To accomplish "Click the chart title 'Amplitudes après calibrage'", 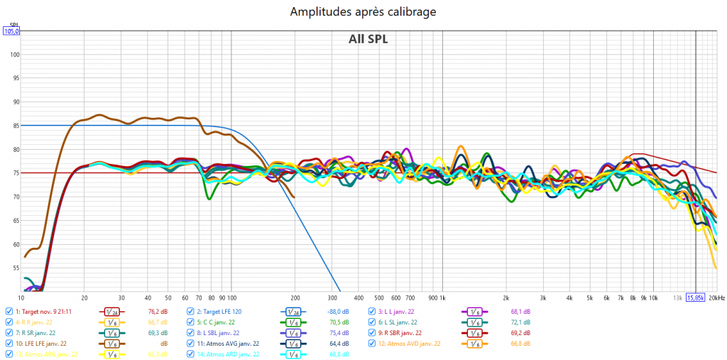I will coord(363,12).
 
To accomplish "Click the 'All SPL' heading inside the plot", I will coord(368,39).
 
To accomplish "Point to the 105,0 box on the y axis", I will coord(12,31).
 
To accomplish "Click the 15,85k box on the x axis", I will coord(695,298).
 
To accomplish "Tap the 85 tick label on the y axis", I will coord(16,126).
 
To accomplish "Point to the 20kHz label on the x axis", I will coord(716,298).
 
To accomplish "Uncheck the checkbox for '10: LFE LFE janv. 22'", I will coord(9,343).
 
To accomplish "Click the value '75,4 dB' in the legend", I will coord(339,332).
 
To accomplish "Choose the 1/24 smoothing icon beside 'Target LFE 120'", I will coord(293,311).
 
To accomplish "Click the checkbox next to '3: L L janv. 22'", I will coord(371,311).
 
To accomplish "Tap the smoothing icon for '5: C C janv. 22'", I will coord(293,322).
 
